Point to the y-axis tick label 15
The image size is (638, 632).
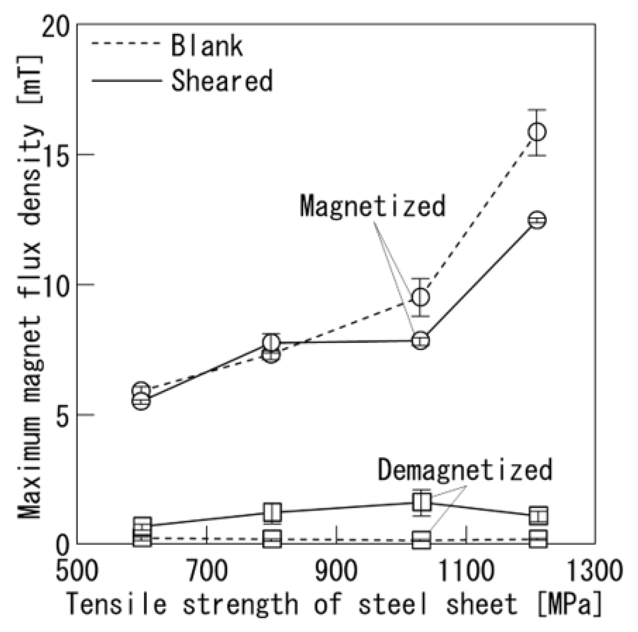tap(56, 155)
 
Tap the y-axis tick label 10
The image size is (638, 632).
tap(56, 285)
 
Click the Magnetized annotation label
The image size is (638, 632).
tap(372, 206)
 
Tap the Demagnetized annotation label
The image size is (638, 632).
tap(465, 469)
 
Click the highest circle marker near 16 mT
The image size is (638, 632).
tap(537, 132)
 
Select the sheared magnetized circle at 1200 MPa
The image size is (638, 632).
tap(537, 220)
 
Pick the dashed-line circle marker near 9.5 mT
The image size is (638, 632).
tap(421, 297)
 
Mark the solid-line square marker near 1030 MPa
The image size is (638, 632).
tap(421, 502)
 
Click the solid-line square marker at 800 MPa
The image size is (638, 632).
tap(273, 512)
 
